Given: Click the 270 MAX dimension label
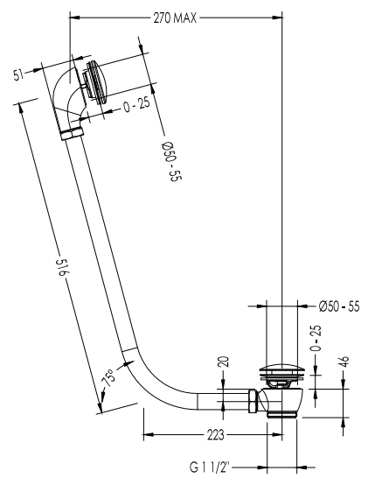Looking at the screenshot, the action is coord(175,18).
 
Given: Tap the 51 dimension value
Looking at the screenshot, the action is coord(19,74).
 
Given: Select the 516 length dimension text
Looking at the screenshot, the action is coord(62,267).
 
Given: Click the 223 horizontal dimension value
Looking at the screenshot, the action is coord(216,435).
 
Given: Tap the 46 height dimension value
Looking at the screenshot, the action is coord(344,362).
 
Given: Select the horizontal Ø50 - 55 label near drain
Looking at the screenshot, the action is coord(339,306).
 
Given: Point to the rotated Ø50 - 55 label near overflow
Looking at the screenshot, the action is coord(171,162).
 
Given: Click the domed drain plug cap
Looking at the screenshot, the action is coord(281,369).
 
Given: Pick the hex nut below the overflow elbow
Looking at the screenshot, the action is coord(73,134).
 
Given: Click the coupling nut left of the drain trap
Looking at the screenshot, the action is coord(253,401).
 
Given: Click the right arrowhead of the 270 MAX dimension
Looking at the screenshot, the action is coord(277,18).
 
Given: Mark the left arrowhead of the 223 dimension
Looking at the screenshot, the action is coord(149,435).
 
